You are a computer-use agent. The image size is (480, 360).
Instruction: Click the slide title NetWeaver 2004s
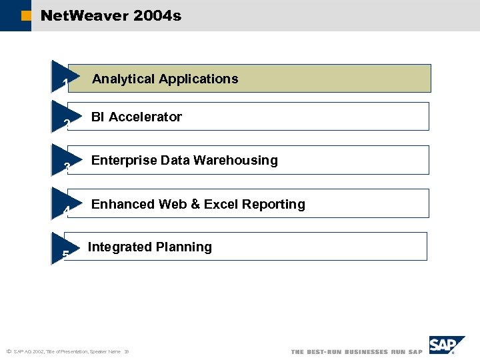[111, 15]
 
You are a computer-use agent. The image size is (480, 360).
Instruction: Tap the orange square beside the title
[26, 16]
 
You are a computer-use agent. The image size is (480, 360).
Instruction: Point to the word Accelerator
[145, 117]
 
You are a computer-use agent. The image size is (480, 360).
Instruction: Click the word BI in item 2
[98, 117]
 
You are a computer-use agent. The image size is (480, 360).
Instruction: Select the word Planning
[184, 247]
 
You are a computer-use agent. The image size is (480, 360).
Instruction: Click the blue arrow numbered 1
[63, 77]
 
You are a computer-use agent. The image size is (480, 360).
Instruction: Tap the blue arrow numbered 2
[63, 117]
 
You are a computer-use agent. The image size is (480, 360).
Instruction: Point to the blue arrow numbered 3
[63, 161]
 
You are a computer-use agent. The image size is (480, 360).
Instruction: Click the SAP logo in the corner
[445, 345]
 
